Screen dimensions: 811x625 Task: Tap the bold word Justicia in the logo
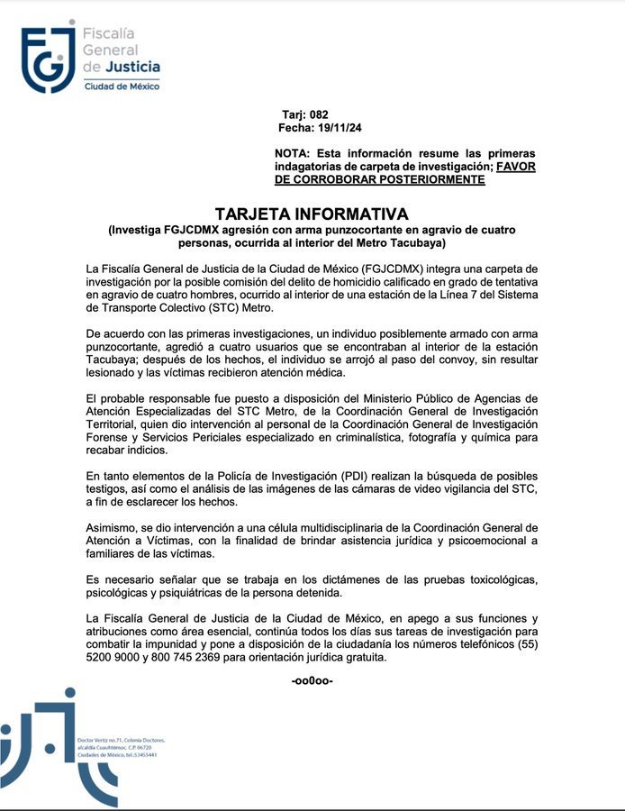pos(134,67)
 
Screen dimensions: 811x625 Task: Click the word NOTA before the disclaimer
pos(294,154)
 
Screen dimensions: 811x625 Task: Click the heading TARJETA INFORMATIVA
pos(312,214)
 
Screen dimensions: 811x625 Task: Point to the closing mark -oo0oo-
pos(312,680)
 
